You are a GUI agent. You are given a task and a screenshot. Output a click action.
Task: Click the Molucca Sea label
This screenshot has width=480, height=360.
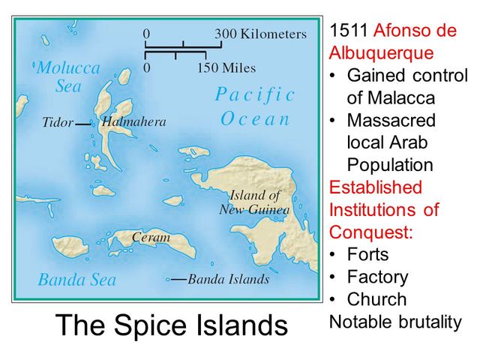click(x=67, y=76)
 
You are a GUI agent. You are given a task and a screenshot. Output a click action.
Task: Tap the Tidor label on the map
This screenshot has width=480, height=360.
click(x=58, y=122)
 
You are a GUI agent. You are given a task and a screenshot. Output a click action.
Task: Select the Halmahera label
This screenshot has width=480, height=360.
click(x=133, y=121)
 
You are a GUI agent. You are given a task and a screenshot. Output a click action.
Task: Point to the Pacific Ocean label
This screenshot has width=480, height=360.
click(x=255, y=106)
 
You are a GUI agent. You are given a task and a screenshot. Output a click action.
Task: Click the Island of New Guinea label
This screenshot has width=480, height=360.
click(x=254, y=202)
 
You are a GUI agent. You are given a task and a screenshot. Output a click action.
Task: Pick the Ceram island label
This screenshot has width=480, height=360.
click(x=151, y=238)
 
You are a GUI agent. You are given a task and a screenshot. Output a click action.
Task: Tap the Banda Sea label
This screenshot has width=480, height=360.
click(x=77, y=280)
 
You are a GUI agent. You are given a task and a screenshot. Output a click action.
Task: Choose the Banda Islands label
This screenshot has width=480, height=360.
click(x=228, y=280)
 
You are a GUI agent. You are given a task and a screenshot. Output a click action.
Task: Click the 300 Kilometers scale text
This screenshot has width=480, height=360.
click(x=260, y=34)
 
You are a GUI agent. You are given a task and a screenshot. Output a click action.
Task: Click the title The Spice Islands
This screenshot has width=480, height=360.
click(x=172, y=326)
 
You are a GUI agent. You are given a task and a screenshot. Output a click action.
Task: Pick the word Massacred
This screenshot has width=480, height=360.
click(x=391, y=120)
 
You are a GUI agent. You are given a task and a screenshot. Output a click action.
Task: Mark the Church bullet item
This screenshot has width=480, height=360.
click(x=376, y=299)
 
